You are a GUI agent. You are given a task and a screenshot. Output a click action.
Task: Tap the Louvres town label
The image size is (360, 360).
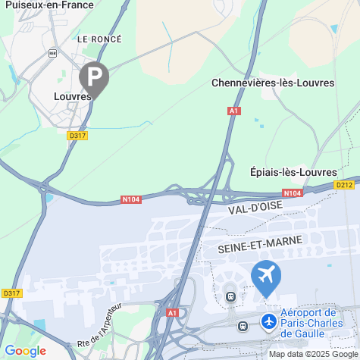(72, 96)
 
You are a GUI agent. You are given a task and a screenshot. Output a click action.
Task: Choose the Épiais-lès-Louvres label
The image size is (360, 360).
(293, 172)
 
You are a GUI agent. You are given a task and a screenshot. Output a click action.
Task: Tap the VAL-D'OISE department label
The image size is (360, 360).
(258, 205)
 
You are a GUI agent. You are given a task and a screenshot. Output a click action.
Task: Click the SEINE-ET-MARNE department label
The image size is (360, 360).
(260, 243)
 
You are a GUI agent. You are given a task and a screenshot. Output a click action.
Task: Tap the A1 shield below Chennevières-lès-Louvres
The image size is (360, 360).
(234, 111)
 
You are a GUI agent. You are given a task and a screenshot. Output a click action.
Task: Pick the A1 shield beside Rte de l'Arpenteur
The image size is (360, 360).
(173, 312)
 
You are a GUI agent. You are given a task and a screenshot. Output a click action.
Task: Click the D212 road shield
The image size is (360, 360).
(345, 184)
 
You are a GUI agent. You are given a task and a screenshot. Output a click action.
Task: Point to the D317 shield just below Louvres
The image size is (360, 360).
(77, 136)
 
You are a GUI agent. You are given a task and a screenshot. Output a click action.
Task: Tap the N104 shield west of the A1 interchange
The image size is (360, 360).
(132, 200)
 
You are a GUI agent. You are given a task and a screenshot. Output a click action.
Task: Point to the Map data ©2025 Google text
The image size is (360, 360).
(312, 354)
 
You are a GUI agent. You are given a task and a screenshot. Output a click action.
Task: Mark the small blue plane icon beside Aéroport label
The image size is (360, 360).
(268, 321)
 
